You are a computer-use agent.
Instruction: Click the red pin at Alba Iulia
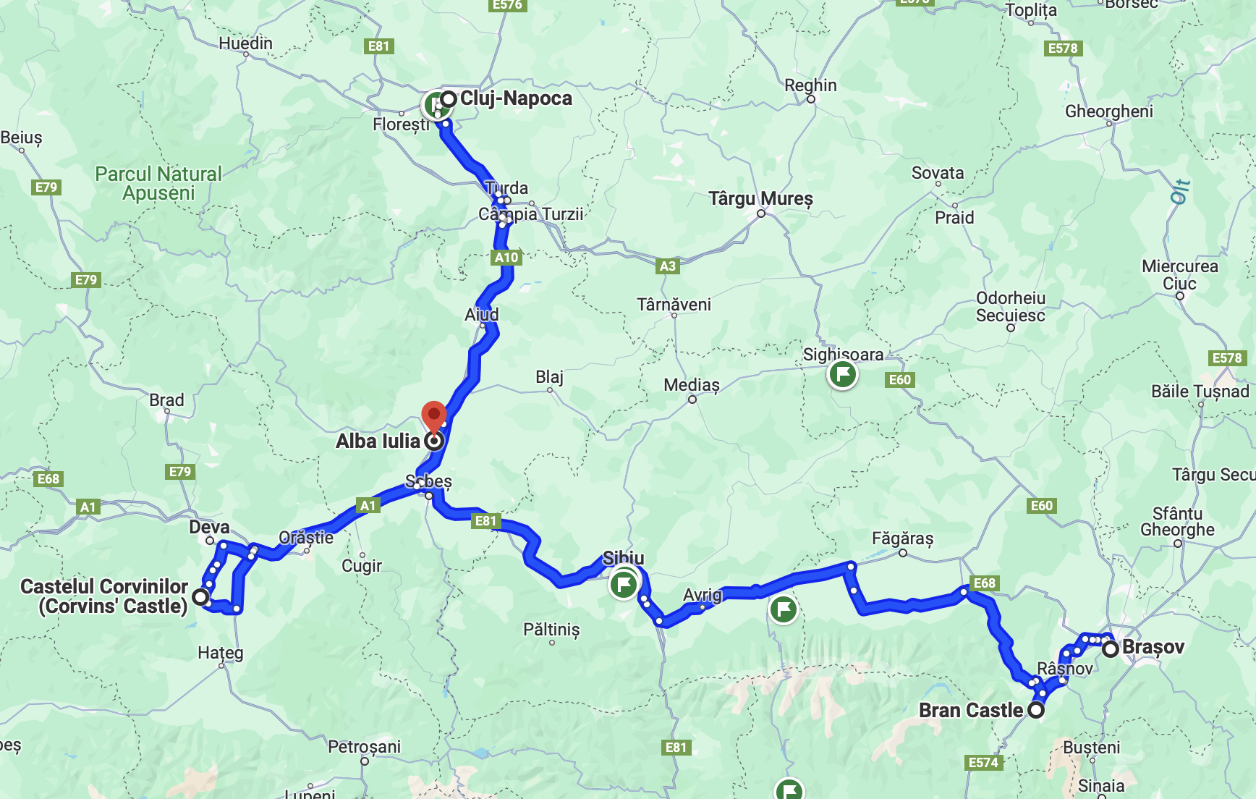tap(433, 415)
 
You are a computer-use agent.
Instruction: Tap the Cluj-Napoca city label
tap(516, 98)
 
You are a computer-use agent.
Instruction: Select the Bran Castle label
tap(971, 711)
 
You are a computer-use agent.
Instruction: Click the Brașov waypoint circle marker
tap(1111, 649)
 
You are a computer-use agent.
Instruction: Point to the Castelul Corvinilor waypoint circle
tap(200, 597)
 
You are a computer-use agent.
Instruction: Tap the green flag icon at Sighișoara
tap(842, 375)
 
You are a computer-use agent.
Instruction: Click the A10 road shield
tap(506, 257)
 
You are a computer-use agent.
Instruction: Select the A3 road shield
tap(667, 266)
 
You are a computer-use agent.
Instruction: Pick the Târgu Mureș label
tap(760, 198)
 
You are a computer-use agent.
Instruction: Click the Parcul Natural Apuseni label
tap(158, 184)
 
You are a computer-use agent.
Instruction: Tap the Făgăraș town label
tap(902, 538)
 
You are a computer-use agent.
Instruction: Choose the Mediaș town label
tap(692, 385)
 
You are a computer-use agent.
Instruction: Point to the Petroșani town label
tap(364, 747)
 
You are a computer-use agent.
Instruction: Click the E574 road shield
tap(983, 762)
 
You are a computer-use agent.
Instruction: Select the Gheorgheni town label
tap(1108, 111)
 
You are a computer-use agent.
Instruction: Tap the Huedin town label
tap(245, 43)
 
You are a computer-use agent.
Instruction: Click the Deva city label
tap(209, 527)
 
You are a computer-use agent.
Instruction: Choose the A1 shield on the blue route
tap(368, 505)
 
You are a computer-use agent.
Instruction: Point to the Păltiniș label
tap(551, 630)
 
